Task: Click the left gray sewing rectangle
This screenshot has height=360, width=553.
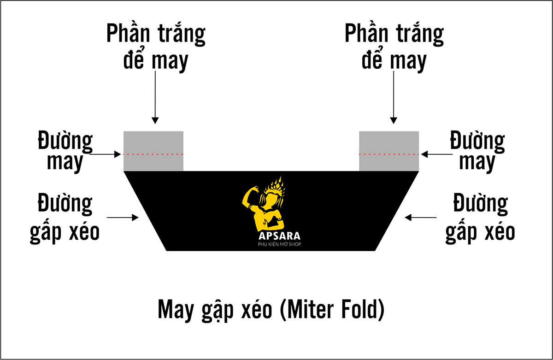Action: [x=153, y=151]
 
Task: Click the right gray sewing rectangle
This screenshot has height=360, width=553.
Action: [x=389, y=151]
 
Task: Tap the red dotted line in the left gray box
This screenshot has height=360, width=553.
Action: [x=153, y=154]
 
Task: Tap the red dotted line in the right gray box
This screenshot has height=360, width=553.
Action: [x=389, y=154]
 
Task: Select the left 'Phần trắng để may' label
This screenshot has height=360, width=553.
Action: [x=156, y=47]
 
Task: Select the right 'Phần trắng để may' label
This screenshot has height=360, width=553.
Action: [x=394, y=47]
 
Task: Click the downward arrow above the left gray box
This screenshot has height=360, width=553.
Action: [x=155, y=97]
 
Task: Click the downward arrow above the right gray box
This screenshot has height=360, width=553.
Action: [x=394, y=97]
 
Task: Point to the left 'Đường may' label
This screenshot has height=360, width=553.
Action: [x=65, y=151]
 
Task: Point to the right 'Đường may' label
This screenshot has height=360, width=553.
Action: [x=477, y=151]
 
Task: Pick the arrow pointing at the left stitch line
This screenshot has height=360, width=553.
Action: [x=105, y=154]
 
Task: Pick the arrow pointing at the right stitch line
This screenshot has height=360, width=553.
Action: [x=437, y=154]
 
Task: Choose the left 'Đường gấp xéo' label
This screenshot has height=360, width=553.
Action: [x=65, y=218]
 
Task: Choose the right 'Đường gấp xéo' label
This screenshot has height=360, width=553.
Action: [x=480, y=218]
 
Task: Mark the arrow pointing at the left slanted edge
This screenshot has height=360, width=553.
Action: [x=123, y=218]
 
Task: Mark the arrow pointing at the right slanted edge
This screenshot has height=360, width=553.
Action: [x=420, y=218]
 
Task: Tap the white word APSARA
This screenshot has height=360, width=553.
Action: [x=279, y=236]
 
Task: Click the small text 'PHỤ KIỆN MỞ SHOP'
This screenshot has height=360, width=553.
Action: [x=279, y=244]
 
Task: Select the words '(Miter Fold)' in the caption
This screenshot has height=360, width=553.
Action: [x=332, y=310]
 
